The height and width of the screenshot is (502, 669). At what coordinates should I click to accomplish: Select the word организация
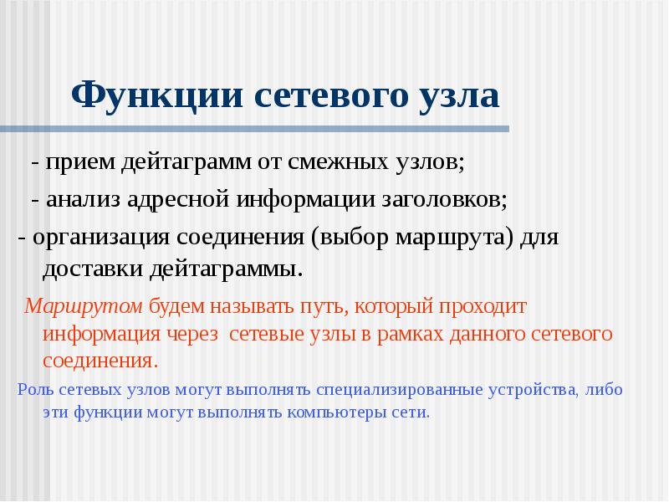100,238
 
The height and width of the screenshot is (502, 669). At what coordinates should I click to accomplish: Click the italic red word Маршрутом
84,306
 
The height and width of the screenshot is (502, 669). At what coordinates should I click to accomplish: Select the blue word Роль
34,390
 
